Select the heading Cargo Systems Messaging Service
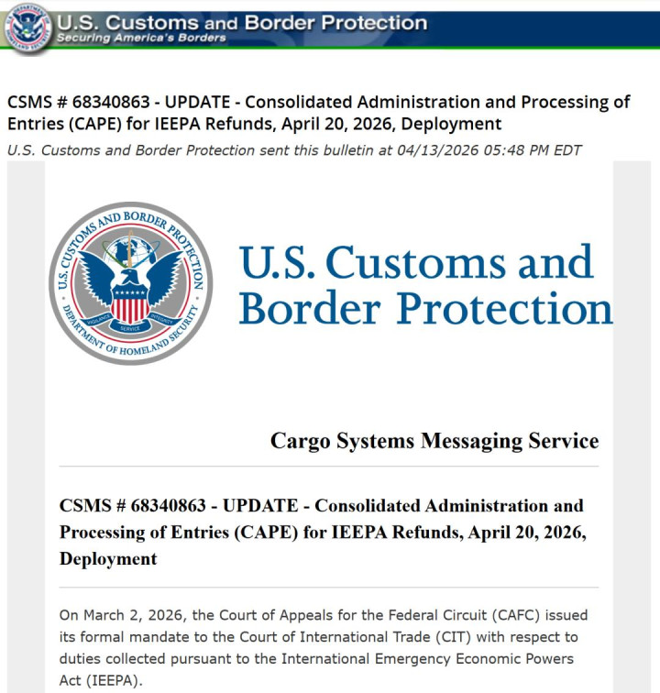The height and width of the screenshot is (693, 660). [x=434, y=441]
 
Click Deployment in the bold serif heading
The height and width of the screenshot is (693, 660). [x=108, y=558]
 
